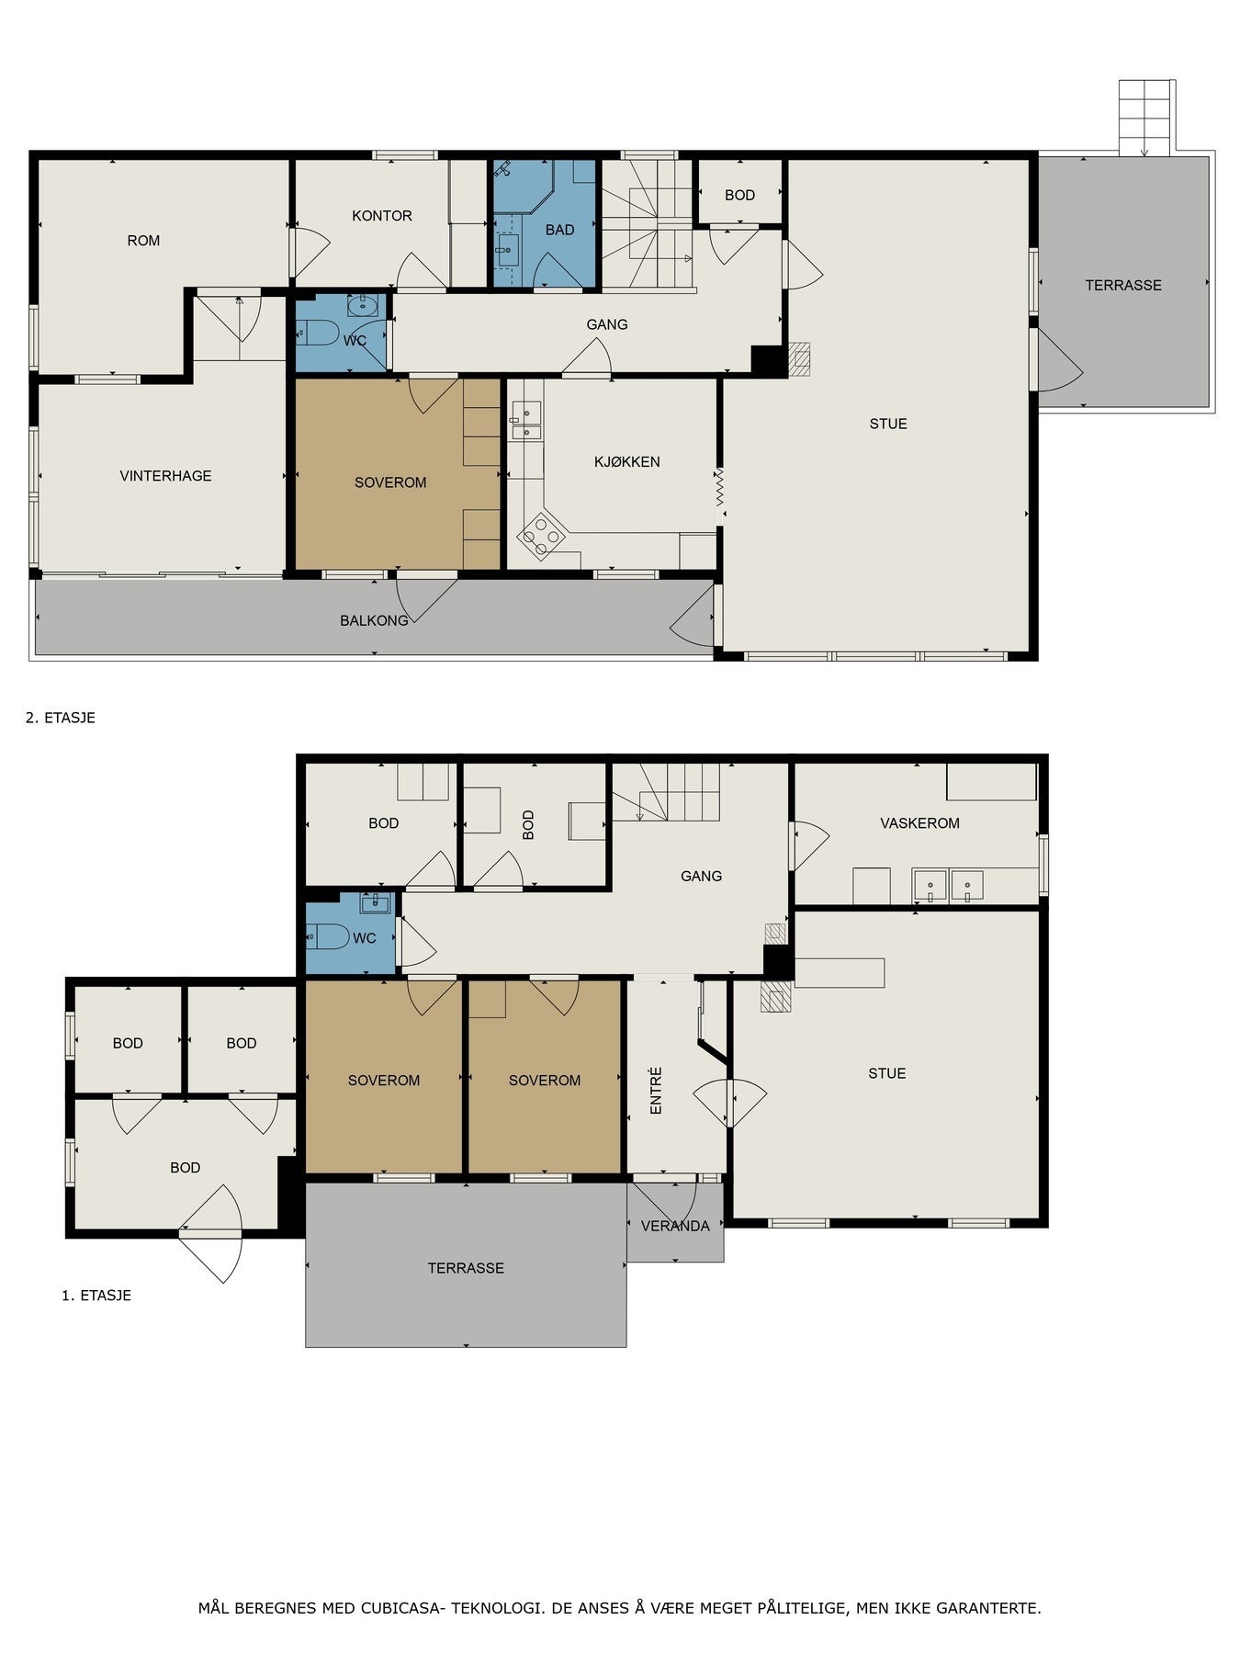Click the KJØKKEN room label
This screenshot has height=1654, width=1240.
626,462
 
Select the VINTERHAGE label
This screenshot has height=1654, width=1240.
165,476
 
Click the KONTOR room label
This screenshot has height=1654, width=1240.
382,216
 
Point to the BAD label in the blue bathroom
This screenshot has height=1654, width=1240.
559,230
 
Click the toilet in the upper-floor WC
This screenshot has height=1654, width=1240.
318,332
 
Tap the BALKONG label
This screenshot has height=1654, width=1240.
374,620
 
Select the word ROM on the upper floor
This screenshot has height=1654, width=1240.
143,241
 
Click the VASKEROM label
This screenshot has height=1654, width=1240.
919,823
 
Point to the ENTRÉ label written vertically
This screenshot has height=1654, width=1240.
656,1091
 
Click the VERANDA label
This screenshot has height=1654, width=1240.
675,1226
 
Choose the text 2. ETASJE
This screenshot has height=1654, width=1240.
61,718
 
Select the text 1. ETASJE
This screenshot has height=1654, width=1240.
96,1296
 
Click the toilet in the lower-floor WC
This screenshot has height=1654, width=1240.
328,937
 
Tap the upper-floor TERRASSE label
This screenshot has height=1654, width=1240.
1123,286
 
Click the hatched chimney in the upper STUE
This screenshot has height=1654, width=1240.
800,359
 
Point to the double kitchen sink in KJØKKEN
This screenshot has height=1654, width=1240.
526,421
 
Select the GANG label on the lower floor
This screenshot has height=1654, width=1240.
701,877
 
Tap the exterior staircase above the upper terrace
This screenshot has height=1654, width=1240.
1146,118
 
